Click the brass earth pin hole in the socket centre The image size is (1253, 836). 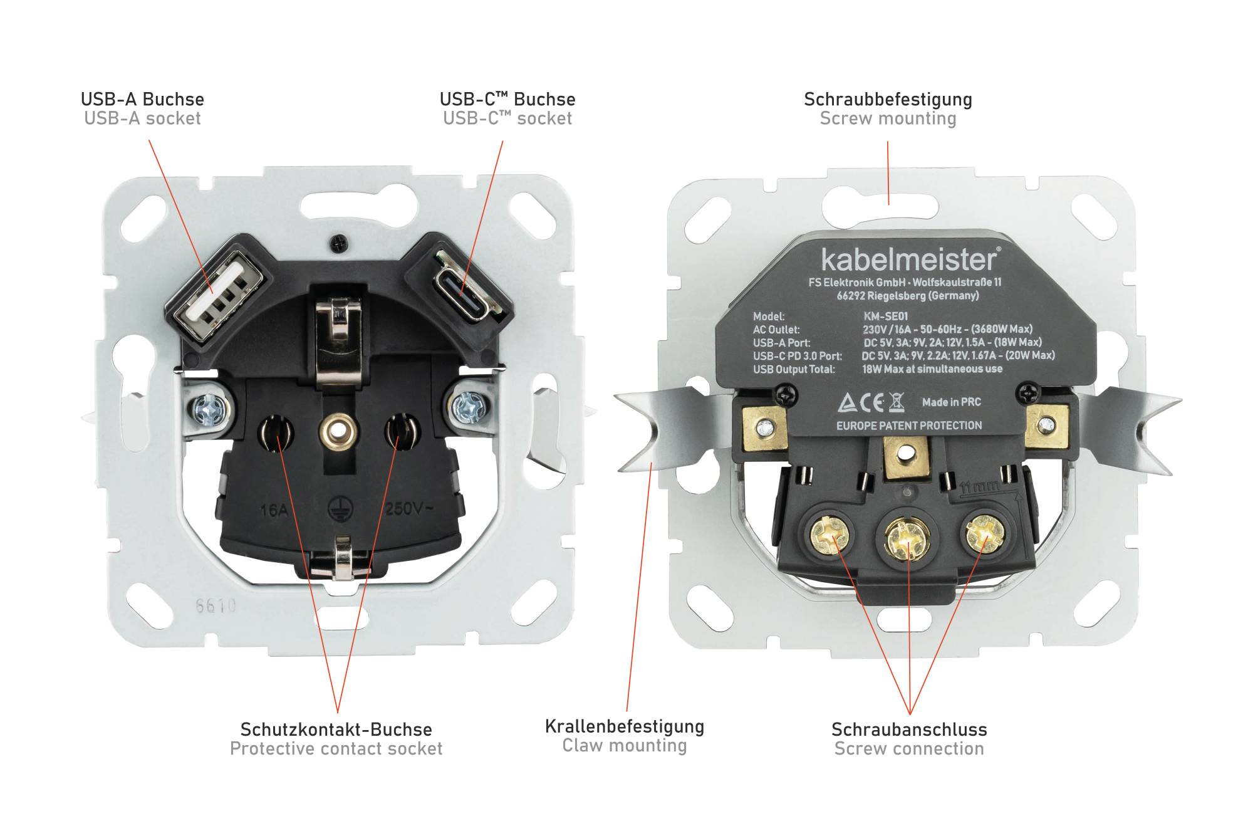[338, 431]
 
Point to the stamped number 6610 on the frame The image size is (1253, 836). [216, 605]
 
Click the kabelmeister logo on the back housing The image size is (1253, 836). [910, 259]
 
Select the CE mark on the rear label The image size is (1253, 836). [871, 403]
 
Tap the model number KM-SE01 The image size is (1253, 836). [885, 316]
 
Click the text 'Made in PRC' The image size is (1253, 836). [952, 402]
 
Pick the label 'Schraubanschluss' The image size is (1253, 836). [909, 729]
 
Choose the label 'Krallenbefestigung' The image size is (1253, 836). [625, 727]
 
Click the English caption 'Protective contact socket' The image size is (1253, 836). [336, 749]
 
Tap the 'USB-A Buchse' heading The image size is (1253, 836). [142, 100]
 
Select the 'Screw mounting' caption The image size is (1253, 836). [888, 118]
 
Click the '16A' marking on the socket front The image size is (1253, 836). [274, 510]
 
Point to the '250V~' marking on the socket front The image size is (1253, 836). [408, 508]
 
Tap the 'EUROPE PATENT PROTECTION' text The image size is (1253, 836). [909, 426]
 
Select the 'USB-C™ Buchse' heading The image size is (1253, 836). [507, 100]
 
